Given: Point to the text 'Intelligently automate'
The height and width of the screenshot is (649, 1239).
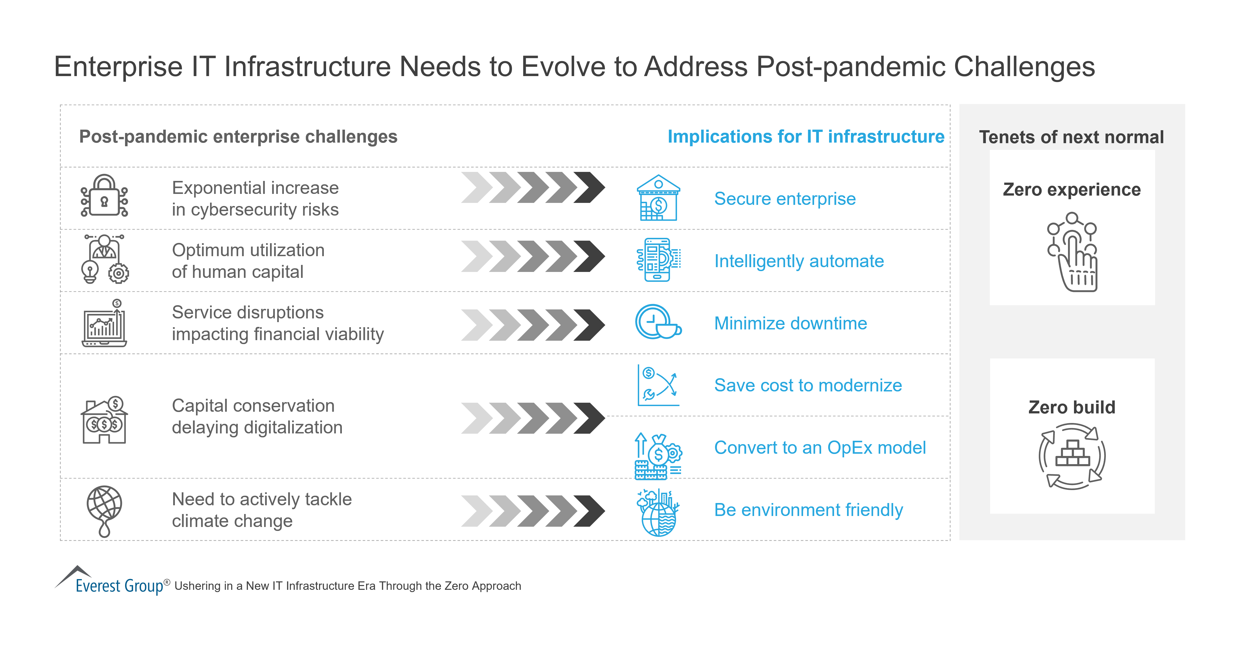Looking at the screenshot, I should point(798,261).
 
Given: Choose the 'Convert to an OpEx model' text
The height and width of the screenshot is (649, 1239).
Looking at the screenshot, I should point(820,448).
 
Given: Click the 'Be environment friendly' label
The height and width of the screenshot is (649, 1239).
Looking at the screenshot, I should point(808,510).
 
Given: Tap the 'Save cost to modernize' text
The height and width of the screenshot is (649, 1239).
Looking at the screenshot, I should point(808,386).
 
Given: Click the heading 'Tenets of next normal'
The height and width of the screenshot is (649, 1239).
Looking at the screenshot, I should point(1071,137).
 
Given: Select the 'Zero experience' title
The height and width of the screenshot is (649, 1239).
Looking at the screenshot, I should point(1071,190).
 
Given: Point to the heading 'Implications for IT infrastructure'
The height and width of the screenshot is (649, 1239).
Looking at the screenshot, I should point(806,137).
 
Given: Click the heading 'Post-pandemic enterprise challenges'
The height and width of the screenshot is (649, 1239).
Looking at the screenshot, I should point(238,137).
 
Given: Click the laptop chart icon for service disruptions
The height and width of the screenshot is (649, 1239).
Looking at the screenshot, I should point(104,324).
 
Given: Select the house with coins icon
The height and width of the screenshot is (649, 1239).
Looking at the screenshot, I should point(104,420).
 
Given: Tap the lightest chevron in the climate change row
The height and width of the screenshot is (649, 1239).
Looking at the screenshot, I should point(476,511).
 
